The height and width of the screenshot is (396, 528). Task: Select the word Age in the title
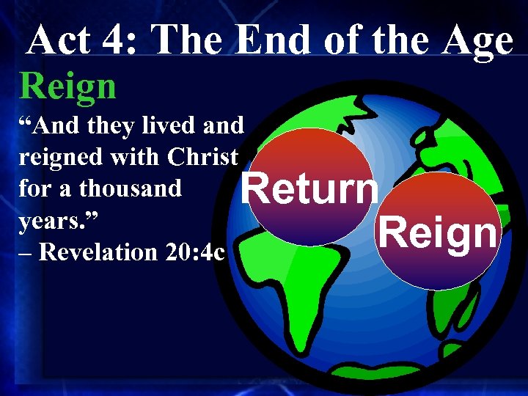pyautogui.click(x=480, y=41)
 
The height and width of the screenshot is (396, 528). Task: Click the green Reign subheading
pyautogui.click(x=67, y=87)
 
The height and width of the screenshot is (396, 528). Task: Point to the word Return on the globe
pyautogui.click(x=310, y=190)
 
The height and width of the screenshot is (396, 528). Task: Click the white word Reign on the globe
pyautogui.click(x=438, y=233)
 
